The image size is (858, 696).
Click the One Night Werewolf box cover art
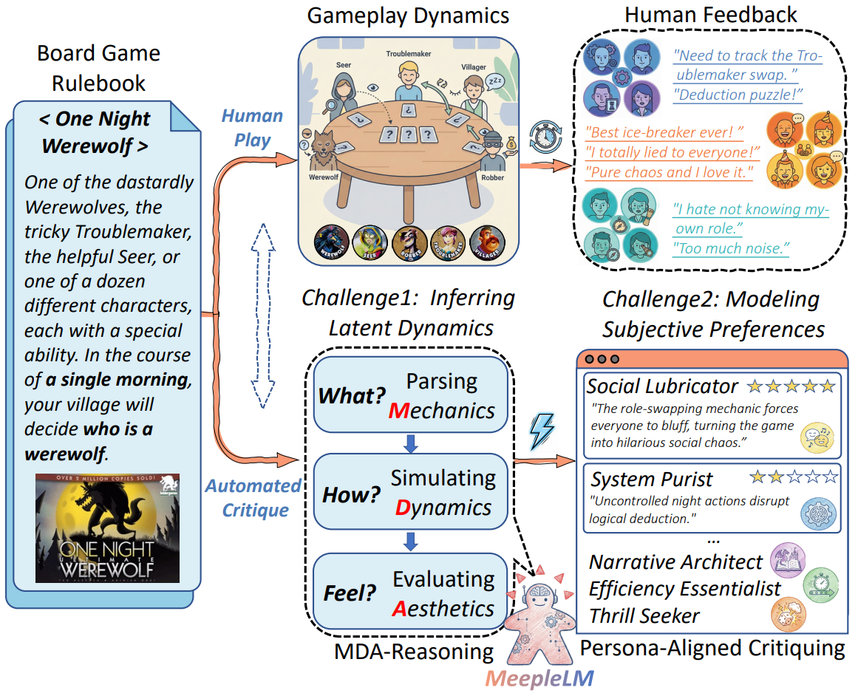pyautogui.click(x=107, y=528)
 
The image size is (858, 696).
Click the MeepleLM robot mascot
pyautogui.click(x=540, y=620)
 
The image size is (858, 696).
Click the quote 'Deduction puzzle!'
pyautogui.click(x=738, y=94)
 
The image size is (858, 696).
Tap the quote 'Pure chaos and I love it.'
pyautogui.click(x=668, y=172)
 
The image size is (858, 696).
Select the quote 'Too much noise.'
pyautogui.click(x=731, y=248)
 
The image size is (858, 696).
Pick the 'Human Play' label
pyautogui.click(x=252, y=128)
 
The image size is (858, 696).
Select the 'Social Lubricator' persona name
pyautogui.click(x=662, y=386)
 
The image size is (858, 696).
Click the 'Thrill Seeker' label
pyautogui.click(x=644, y=615)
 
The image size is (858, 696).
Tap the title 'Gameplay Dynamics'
pyautogui.click(x=409, y=16)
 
